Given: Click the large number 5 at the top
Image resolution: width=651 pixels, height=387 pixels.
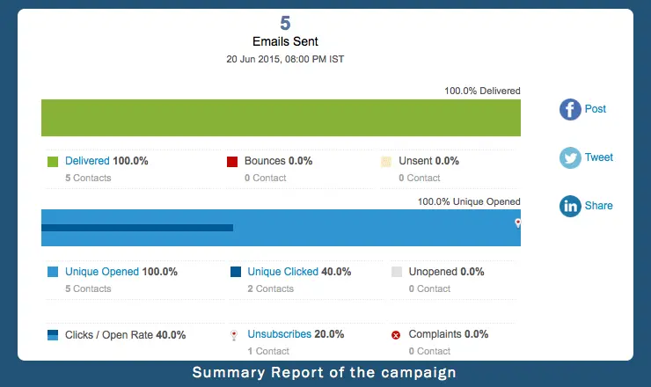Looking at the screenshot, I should click(285, 23).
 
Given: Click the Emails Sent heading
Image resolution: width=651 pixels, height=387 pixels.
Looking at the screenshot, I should click(285, 40).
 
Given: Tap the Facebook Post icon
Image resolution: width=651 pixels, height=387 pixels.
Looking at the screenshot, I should click(571, 110).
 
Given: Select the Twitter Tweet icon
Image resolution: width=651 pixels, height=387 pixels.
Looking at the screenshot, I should click(571, 158).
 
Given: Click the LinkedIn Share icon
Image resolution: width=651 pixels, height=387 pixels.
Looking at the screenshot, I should click(571, 206).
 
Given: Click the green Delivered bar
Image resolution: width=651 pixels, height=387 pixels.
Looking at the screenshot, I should click(281, 117).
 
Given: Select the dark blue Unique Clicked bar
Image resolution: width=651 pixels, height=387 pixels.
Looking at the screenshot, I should click(137, 228).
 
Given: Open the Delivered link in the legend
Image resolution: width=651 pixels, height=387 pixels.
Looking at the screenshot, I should click(87, 161).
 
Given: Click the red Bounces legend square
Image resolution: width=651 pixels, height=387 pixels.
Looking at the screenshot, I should click(232, 162).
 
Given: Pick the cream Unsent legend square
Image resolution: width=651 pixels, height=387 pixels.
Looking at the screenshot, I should click(386, 162).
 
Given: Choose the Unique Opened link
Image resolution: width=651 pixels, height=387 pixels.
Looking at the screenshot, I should click(102, 272).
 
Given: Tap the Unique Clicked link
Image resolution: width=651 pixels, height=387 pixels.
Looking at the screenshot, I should click(282, 272).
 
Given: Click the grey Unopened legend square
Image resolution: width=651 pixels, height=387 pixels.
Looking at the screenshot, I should click(396, 272).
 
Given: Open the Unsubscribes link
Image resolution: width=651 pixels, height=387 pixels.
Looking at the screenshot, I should click(279, 334).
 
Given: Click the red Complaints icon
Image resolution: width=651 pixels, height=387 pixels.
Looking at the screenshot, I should click(396, 335).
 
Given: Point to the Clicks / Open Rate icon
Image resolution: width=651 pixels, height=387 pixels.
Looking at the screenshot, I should click(53, 335).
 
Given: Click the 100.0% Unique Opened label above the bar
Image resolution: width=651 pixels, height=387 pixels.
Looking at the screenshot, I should click(469, 201).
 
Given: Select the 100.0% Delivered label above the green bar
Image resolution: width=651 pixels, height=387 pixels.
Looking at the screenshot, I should click(482, 91).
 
